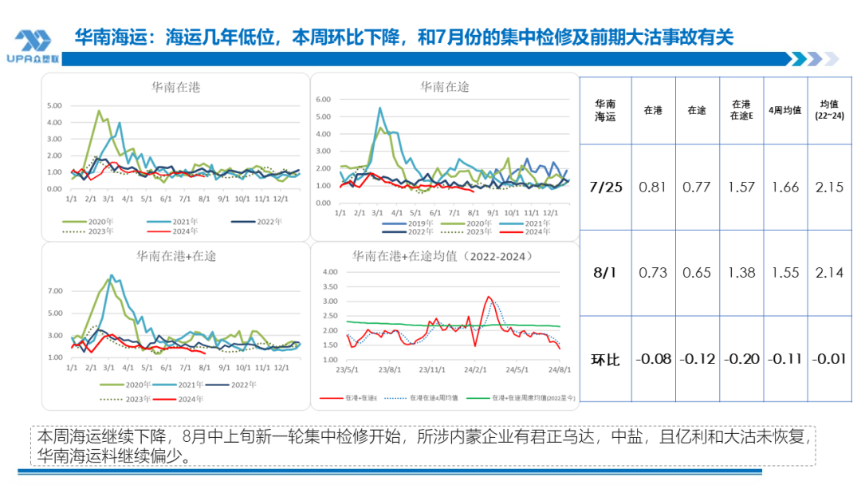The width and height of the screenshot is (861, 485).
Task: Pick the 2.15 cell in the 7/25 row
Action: tap(830, 187)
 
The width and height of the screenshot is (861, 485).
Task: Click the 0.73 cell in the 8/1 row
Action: tap(653, 273)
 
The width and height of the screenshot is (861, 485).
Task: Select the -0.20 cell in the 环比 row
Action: tap(741, 359)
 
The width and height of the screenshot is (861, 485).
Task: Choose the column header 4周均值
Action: tap(785, 111)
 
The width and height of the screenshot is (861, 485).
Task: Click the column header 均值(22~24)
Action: tap(829, 110)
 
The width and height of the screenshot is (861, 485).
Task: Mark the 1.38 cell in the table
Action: tap(741, 273)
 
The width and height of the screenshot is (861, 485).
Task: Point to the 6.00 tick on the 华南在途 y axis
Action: tap(324, 100)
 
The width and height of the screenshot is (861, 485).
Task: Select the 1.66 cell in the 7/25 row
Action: tap(785, 187)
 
